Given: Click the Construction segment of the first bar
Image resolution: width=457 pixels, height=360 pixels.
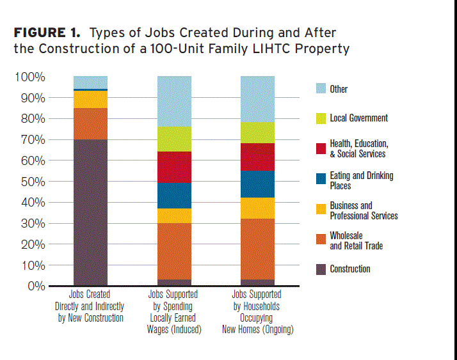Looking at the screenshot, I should (90, 212).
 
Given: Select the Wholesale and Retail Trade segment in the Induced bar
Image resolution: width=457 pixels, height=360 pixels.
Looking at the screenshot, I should (174, 251).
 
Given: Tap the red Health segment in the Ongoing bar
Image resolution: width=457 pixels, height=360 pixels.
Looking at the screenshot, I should (257, 157).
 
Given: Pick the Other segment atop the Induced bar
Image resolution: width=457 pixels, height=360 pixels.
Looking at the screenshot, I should (174, 101).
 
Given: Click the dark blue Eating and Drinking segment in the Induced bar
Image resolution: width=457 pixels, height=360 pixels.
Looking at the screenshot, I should (174, 196).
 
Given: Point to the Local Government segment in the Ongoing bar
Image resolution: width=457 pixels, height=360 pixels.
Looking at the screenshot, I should (257, 133).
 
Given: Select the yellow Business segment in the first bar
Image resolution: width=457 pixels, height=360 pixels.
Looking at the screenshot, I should (90, 100).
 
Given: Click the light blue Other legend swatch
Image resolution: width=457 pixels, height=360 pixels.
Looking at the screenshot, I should (321, 89).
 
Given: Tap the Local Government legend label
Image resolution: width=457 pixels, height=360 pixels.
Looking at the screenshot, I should (358, 118).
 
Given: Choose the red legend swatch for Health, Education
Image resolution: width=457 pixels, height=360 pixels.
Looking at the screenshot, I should (321, 148).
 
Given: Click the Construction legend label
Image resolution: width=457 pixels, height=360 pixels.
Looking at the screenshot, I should (349, 269).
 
